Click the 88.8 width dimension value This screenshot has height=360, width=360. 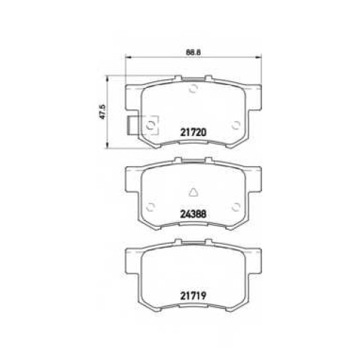193,53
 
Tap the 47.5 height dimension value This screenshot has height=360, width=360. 103,112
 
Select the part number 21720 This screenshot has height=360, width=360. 193,132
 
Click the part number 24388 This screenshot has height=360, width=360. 193,214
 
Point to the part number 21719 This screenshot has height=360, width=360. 193,296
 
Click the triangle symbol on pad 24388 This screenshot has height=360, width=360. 193,192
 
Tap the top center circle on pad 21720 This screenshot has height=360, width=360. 193,89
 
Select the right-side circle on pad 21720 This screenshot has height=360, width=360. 236,125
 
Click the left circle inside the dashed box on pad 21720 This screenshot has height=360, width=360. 150,125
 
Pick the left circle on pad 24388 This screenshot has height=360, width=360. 150,207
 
